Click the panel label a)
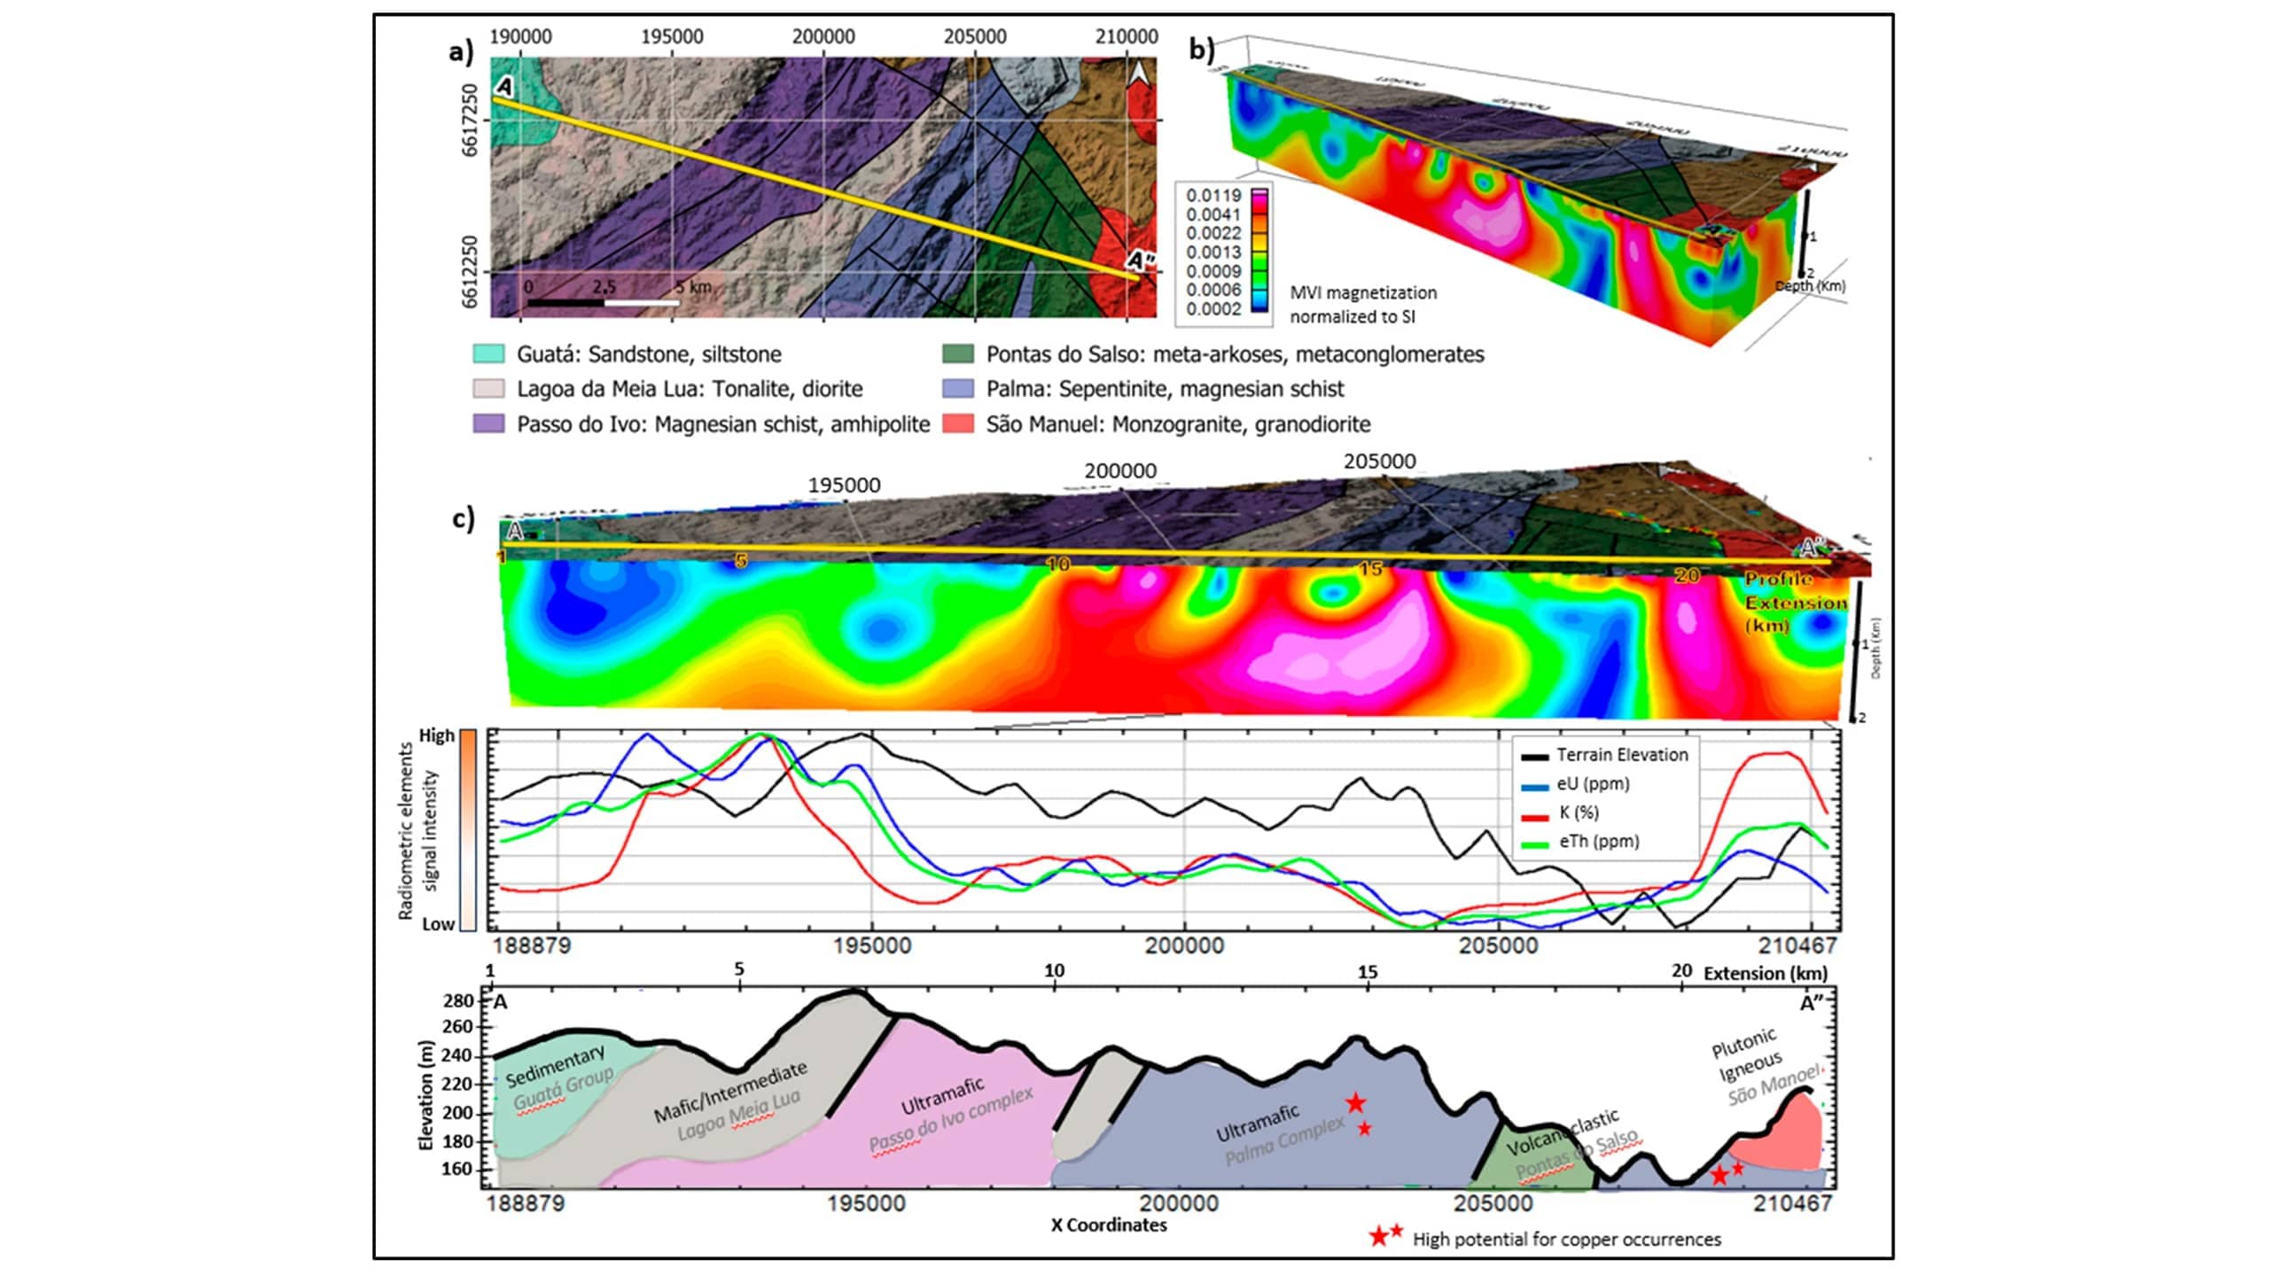coord(461,51)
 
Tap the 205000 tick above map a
coord(974,36)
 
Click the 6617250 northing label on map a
coord(470,120)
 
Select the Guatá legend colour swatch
coord(488,354)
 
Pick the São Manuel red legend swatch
coord(957,424)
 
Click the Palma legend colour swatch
coord(957,389)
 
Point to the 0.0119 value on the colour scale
coord(1213,195)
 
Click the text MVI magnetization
coord(1363,292)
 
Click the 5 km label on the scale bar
coord(693,287)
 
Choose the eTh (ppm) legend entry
coord(1599,842)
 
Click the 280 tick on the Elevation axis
coord(458,1000)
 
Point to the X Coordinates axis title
coord(1109,1225)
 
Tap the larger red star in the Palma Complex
coord(1355,1103)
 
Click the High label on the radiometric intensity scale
coord(436,735)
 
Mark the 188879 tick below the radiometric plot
coord(532,945)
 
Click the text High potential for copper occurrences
coord(1566,1240)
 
